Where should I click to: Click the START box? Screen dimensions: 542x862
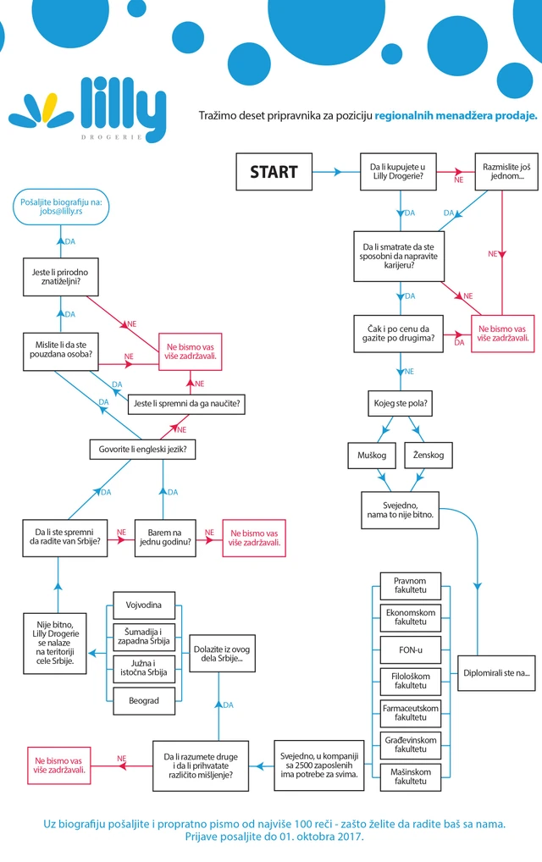tap(274, 172)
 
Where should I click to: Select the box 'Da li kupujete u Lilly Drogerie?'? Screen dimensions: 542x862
tap(398, 172)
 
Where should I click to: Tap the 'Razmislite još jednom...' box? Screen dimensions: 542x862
tap(506, 172)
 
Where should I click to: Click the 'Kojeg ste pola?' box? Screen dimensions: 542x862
tap(401, 404)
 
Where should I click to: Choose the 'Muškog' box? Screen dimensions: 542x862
tap(372, 456)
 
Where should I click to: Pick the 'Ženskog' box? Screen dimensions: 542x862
tap(429, 456)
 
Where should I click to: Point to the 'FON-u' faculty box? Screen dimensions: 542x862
tap(411, 649)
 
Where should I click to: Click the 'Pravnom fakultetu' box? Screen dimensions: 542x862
tap(411, 585)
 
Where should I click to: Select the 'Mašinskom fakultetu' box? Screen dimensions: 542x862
tap(411, 776)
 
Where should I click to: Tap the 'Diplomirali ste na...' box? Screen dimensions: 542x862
tap(496, 673)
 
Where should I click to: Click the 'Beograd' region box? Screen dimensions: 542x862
tap(144, 701)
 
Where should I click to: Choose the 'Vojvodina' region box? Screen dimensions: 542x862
tap(144, 605)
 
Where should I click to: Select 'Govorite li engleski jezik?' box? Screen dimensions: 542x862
tap(143, 450)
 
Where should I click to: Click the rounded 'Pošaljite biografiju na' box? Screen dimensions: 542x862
tap(61, 207)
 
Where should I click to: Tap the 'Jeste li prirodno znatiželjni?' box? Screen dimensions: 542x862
tap(60, 277)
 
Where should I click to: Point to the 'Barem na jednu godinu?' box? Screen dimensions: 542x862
tap(165, 538)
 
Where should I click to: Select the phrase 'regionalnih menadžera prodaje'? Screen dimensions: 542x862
tap(455, 116)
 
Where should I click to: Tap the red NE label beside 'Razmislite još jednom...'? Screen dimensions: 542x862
tap(459, 180)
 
